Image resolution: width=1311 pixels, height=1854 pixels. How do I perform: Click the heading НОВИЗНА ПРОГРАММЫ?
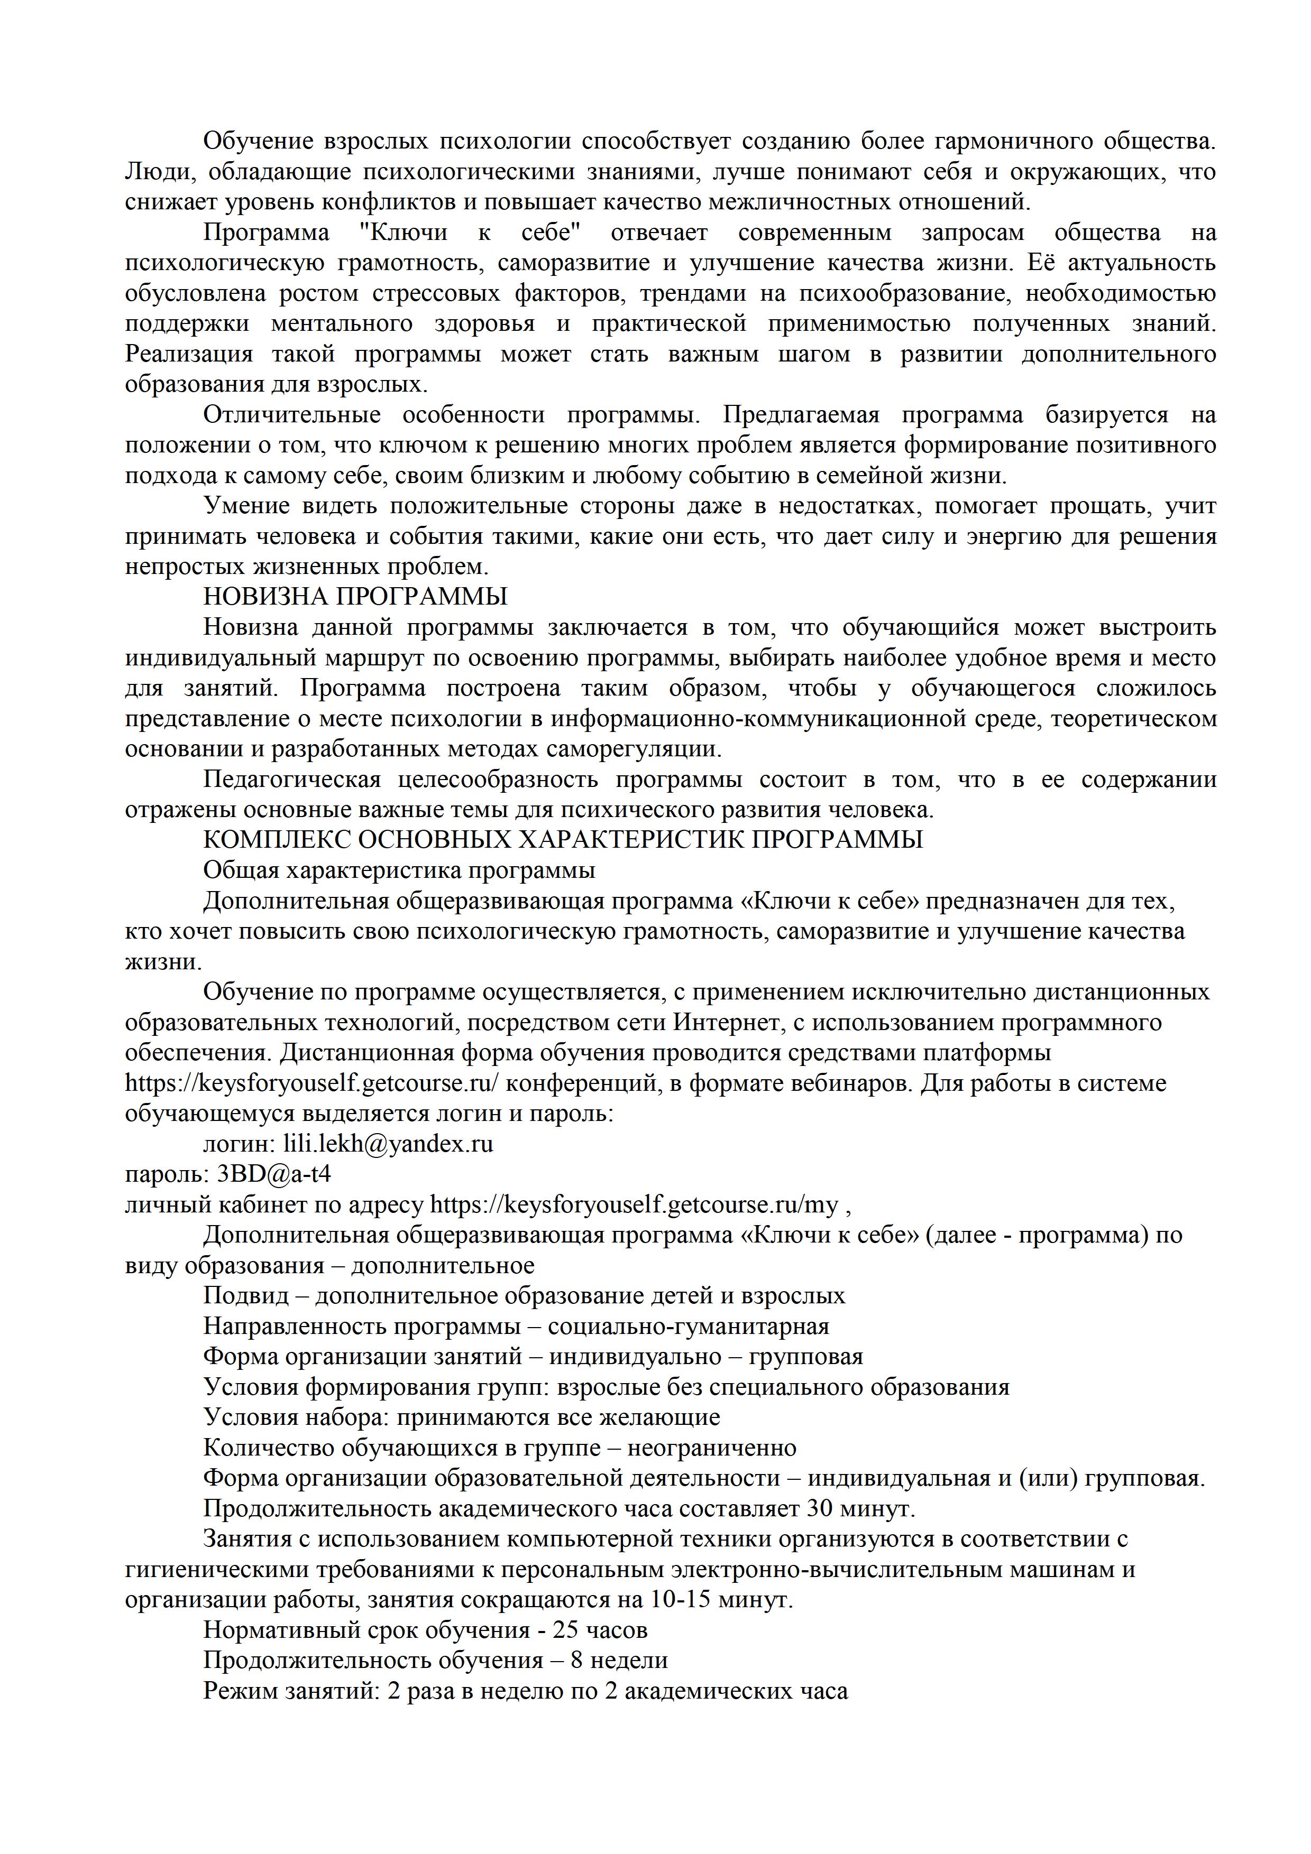[x=355, y=597]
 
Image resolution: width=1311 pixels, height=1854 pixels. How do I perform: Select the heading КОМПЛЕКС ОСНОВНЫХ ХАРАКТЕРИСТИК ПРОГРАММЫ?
[x=563, y=840]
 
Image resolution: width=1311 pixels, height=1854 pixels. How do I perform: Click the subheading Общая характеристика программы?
[x=399, y=870]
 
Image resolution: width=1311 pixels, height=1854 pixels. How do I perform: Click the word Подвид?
[x=245, y=1296]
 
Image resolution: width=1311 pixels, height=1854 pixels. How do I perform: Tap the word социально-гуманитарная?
[x=688, y=1327]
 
